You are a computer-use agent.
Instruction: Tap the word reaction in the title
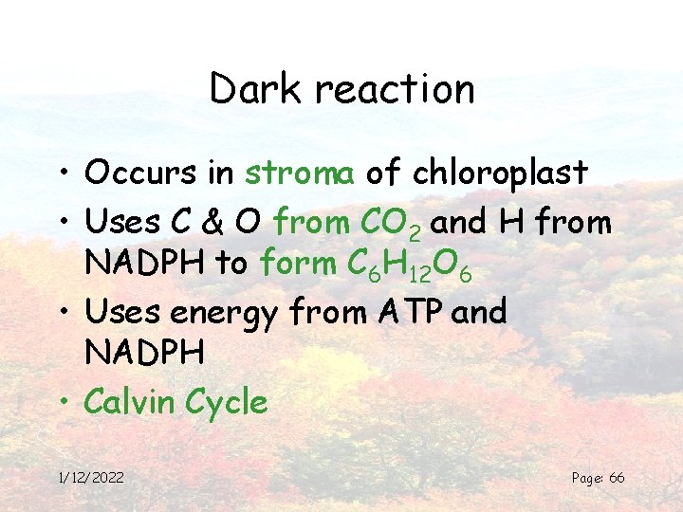395,90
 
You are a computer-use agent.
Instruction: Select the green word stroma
300,173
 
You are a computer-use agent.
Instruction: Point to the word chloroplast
500,173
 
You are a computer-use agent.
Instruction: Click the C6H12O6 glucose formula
409,265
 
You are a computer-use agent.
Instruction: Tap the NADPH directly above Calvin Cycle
144,354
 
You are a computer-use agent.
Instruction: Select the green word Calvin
129,402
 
